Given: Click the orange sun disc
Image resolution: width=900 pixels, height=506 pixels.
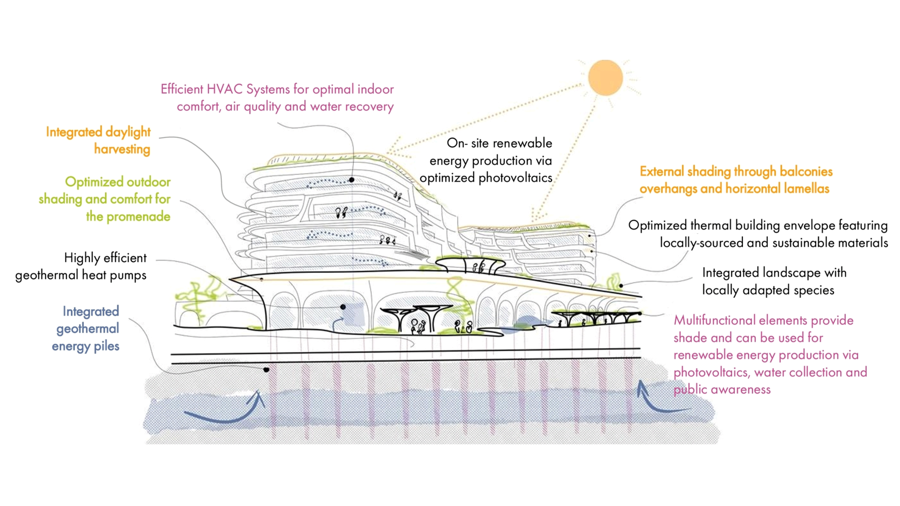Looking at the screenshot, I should pyautogui.click(x=605, y=77).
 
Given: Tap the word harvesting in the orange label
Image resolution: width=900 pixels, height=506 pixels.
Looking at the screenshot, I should pyautogui.click(x=122, y=149).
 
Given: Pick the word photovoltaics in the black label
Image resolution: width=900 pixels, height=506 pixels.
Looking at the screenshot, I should pyautogui.click(x=515, y=178).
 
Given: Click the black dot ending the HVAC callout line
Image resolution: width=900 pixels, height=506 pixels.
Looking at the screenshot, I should pyautogui.click(x=351, y=180).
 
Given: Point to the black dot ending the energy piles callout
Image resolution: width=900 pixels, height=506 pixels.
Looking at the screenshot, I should pyautogui.click(x=266, y=370).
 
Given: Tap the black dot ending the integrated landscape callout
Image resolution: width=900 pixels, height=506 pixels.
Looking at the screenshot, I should pyautogui.click(x=621, y=286).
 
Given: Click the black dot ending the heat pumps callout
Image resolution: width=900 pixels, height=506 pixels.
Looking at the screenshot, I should pyautogui.click(x=343, y=307).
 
